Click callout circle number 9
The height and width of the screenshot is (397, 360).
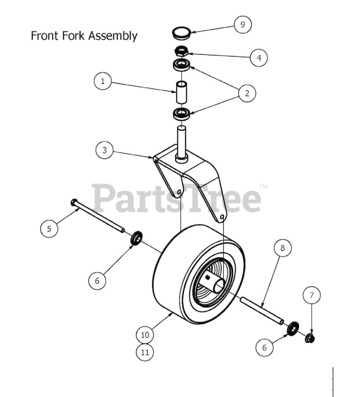pyautogui.click(x=242, y=24)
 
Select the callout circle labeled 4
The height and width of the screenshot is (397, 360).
pyautogui.click(x=258, y=58)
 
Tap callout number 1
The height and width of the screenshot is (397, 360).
pyautogui.click(x=103, y=82)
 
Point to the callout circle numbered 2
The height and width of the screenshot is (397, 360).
pyautogui.click(x=247, y=93)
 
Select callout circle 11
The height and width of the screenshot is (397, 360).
pyautogui.click(x=145, y=352)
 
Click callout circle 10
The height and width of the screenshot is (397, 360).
pyautogui.click(x=145, y=335)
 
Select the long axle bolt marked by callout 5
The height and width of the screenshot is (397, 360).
pyautogui.click(x=98, y=216)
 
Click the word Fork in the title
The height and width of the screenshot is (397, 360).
pyautogui.click(x=75, y=36)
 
